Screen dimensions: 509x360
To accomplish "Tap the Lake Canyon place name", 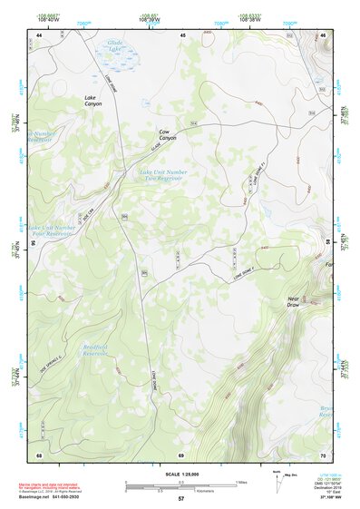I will point(93,103).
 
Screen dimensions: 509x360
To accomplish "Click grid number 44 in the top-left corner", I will point(39,34).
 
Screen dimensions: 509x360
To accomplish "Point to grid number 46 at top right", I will point(323,34).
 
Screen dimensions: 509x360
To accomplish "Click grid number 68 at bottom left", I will point(39,454).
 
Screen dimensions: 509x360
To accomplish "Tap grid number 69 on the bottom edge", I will point(181,454).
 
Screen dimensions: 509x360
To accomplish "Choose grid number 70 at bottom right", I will point(323,454).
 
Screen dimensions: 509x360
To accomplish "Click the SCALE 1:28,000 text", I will point(180,474).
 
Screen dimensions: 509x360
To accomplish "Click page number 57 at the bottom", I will point(180,499).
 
